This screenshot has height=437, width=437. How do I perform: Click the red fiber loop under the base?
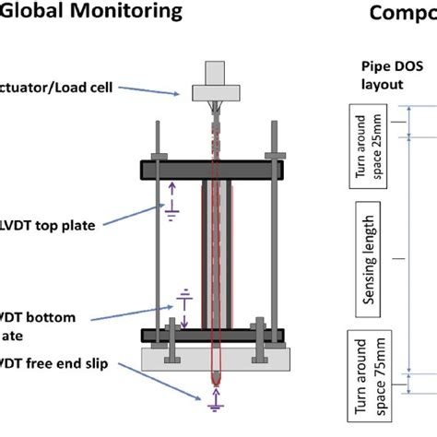pos(215,378)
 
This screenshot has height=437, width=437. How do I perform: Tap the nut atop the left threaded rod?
pos(159,155)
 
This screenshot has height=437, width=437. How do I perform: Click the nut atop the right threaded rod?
pos(272,155)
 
